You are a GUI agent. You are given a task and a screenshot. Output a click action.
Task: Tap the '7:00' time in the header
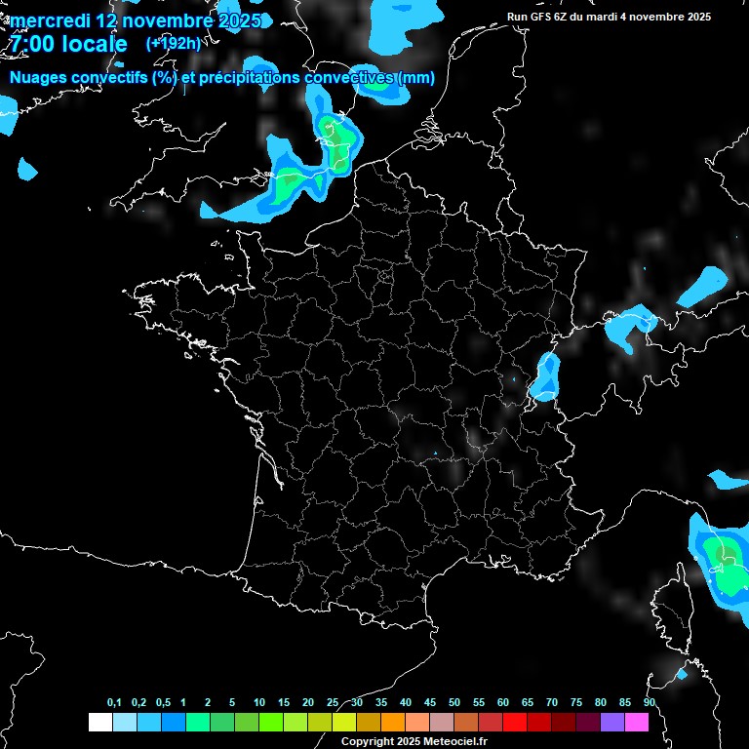[30, 45]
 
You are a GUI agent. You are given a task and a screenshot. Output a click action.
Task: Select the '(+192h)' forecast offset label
[173, 44]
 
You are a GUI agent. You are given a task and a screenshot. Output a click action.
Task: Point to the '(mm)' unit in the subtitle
[410, 78]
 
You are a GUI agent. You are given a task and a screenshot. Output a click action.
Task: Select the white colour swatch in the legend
[99, 723]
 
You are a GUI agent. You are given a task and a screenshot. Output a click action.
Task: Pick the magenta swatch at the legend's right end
[637, 723]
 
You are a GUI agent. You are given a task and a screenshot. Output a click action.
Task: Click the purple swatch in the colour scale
[612, 723]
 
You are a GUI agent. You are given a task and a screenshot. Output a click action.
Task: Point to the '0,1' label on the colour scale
[114, 703]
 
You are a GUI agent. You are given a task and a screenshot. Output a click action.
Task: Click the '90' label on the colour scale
[649, 703]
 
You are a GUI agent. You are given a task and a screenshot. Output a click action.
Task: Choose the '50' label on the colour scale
[453, 703]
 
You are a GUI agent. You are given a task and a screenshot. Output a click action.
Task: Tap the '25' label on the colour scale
[332, 703]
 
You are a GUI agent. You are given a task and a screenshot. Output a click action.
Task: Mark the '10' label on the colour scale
[258, 703]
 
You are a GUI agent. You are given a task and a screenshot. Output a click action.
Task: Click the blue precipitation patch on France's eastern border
[545, 377]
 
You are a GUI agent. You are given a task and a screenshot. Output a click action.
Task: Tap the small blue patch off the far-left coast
[26, 170]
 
